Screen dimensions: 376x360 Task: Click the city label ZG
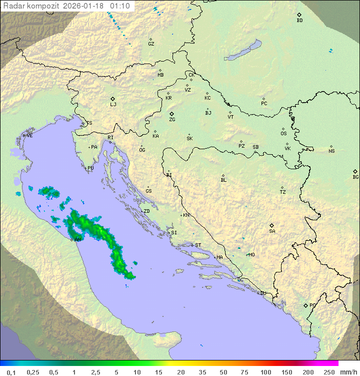pos(172,120)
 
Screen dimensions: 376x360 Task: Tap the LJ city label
pos(113,105)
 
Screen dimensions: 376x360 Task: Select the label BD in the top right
pos(299,21)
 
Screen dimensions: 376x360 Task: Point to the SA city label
pos(272,231)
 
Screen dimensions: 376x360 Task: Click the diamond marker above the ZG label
pos(171,114)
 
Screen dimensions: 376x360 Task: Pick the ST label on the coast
pos(198,245)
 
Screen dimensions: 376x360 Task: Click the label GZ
pos(151,44)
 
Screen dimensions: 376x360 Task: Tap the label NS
pos(331,151)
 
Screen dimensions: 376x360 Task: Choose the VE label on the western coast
pos(29,136)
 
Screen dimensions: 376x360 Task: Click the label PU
pos(90,168)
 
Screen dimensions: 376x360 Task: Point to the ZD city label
pos(146,211)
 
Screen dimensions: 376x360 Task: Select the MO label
pos(251,255)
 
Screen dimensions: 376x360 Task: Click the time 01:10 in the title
pos(120,6)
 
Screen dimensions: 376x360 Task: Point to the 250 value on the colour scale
pos(329,372)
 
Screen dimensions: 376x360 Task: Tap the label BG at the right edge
pos(355,177)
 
